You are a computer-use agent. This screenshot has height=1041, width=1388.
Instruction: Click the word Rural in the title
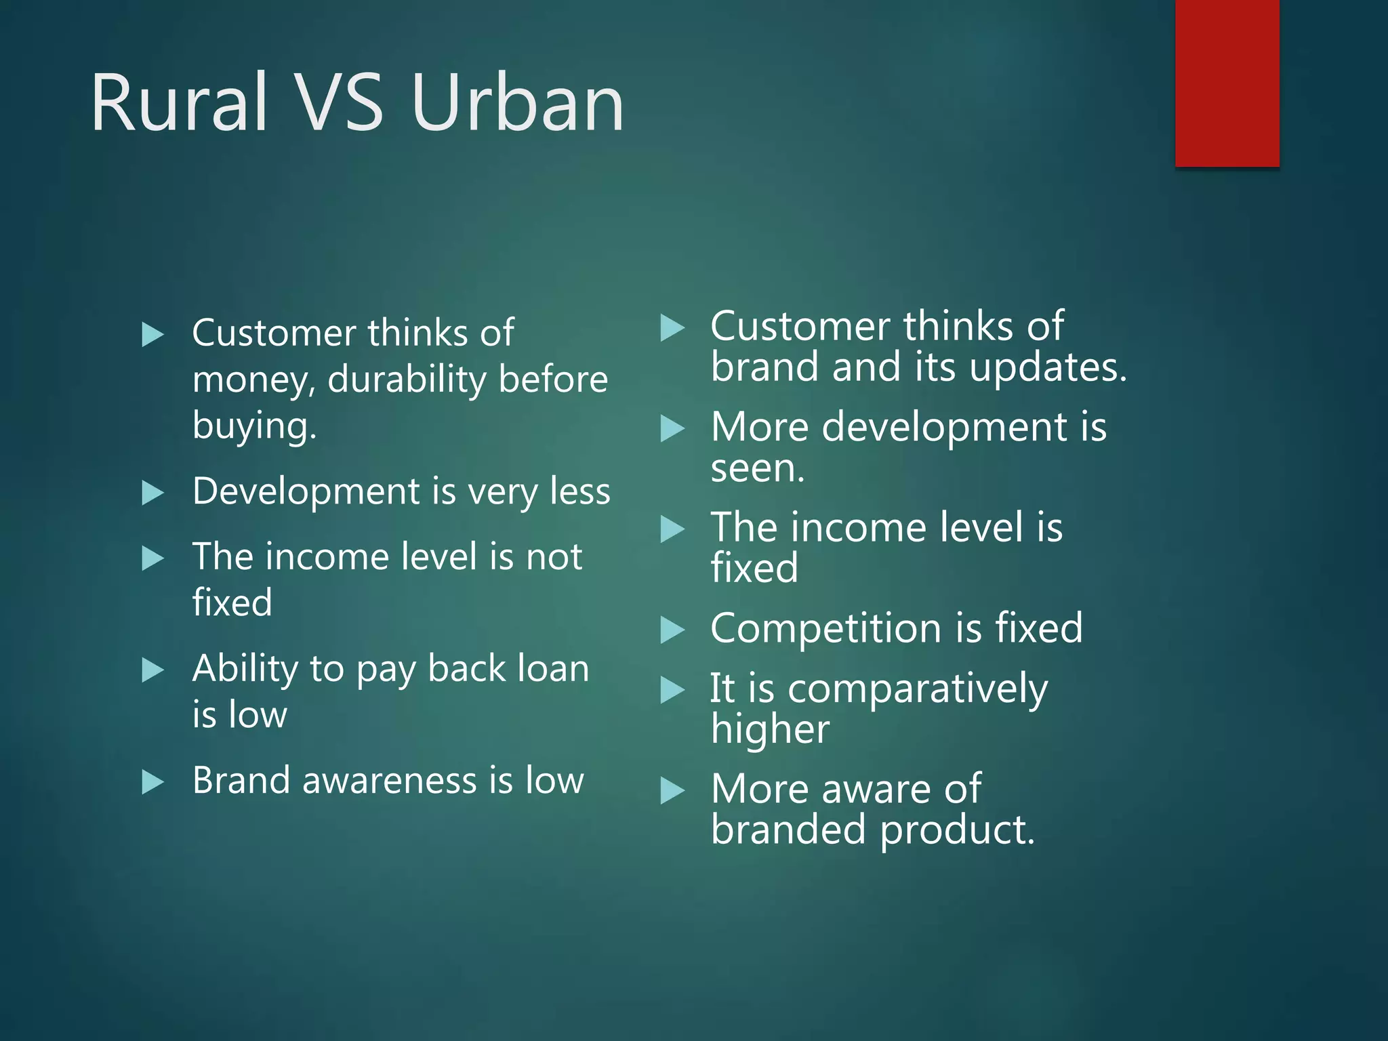click(179, 103)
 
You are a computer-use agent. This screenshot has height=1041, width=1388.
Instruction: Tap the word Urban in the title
click(516, 103)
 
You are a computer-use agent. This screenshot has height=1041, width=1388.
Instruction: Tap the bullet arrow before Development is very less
click(152, 493)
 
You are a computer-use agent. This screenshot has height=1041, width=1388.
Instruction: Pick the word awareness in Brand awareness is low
click(390, 781)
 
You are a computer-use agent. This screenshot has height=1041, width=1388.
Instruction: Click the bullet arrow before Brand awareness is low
click(152, 782)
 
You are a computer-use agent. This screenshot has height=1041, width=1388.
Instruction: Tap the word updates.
click(1047, 368)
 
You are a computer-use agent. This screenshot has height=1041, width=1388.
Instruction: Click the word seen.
click(756, 468)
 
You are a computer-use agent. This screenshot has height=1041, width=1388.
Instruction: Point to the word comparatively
click(917, 690)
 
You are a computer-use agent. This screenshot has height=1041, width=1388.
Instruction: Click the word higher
click(770, 730)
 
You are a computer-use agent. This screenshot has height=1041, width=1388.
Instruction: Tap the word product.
click(957, 830)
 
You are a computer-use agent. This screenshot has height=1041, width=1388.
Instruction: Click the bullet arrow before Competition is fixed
click(672, 630)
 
